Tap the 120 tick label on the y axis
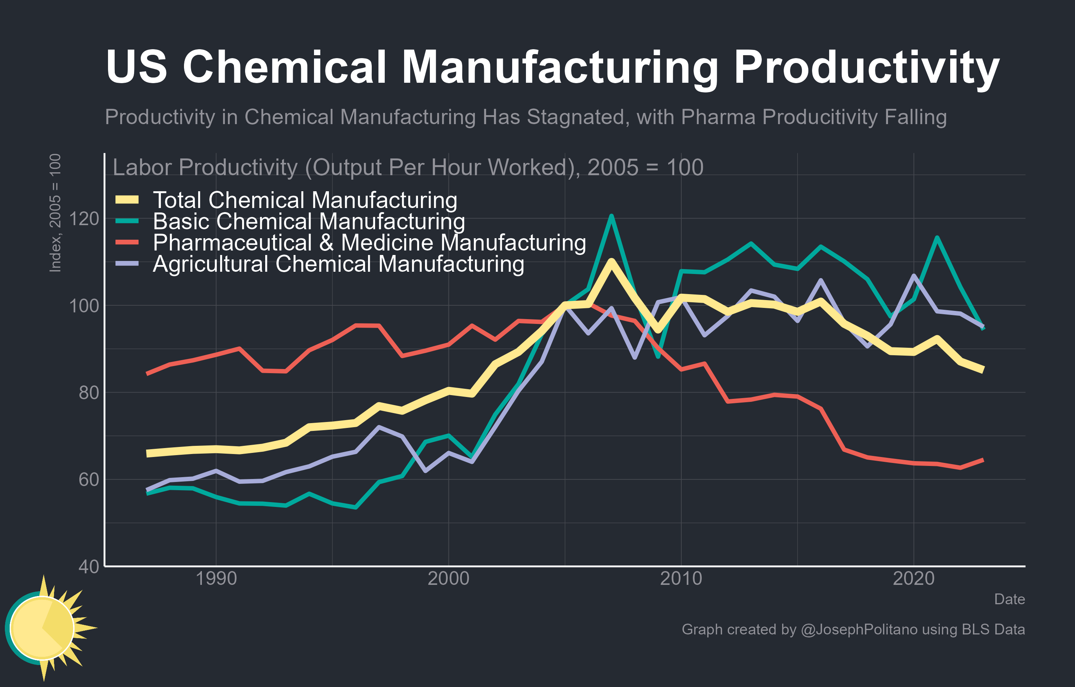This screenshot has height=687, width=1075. pyautogui.click(x=84, y=219)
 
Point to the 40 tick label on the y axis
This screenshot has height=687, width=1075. pyautogui.click(x=88, y=566)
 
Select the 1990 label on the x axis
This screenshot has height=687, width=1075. pyautogui.click(x=216, y=579)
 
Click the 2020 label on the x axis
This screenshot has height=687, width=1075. pyautogui.click(x=913, y=579)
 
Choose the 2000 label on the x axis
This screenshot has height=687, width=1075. pyautogui.click(x=448, y=579)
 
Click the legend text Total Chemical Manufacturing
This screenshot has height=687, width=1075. pyautogui.click(x=305, y=200)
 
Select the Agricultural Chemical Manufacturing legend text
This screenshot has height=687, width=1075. pyautogui.click(x=338, y=264)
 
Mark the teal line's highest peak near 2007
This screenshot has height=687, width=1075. pyautogui.click(x=611, y=216)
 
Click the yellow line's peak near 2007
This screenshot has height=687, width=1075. pyautogui.click(x=611, y=261)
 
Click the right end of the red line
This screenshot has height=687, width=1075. pyautogui.click(x=983, y=460)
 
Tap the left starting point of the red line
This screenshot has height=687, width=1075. pyautogui.click(x=148, y=374)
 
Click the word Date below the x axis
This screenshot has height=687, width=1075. pyautogui.click(x=1009, y=599)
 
